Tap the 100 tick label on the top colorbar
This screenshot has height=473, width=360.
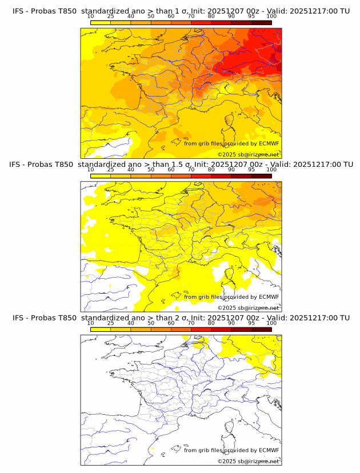pyautogui.click(x=271, y=17)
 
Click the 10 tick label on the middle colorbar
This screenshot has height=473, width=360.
pyautogui.click(x=91, y=170)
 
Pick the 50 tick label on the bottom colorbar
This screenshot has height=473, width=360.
pyautogui.click(x=151, y=323)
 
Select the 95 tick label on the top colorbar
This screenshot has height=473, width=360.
pyautogui.click(x=251, y=17)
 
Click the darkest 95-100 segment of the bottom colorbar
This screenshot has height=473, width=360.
pyautogui.click(x=261, y=329)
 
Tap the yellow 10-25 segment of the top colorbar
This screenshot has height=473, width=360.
pyautogui.click(x=101, y=23)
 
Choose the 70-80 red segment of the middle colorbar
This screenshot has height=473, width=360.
pyautogui.click(x=201, y=176)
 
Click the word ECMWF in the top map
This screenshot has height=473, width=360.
pyautogui.click(x=269, y=144)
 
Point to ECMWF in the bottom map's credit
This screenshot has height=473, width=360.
pyautogui.click(x=269, y=450)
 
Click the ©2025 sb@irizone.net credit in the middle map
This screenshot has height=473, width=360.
pyautogui.click(x=248, y=307)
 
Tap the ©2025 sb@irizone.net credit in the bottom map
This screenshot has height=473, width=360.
pyautogui.click(x=248, y=460)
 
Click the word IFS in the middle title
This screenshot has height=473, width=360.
pyautogui.click(x=18, y=165)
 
